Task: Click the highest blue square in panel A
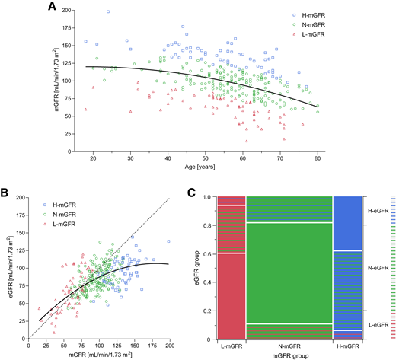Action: pos(108,11)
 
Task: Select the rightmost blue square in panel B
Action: pos(168,241)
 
